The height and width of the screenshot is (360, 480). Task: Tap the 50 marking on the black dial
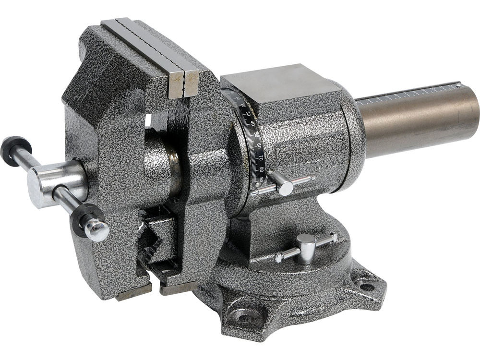[x=258, y=135]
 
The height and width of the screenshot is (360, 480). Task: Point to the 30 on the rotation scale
[x=248, y=114]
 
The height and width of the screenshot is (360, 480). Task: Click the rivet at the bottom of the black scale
[x=254, y=193]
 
